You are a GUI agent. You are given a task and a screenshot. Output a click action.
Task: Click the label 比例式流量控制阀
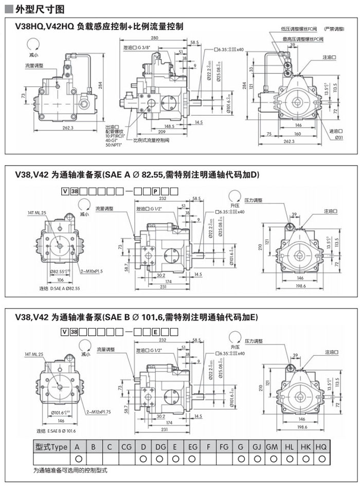[x=150, y=140]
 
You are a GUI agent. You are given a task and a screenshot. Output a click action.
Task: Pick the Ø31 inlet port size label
[x=339, y=137]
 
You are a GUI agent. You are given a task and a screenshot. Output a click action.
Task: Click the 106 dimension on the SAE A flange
[x=60, y=279]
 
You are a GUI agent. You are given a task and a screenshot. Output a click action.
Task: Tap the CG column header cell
[x=127, y=447]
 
